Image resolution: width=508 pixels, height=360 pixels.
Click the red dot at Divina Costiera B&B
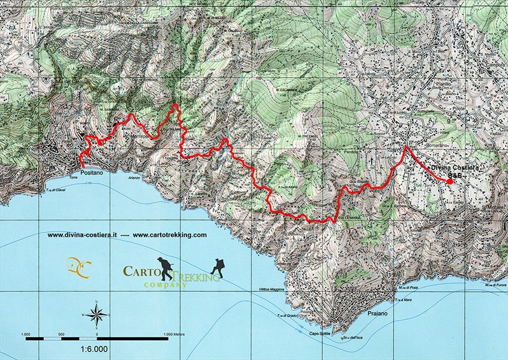click(x=449, y=182)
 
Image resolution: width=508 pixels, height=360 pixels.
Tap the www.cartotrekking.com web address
click(x=170, y=234)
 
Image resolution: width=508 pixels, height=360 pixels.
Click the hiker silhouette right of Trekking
click(x=219, y=266)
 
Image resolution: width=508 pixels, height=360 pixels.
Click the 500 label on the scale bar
click(x=62, y=333)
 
